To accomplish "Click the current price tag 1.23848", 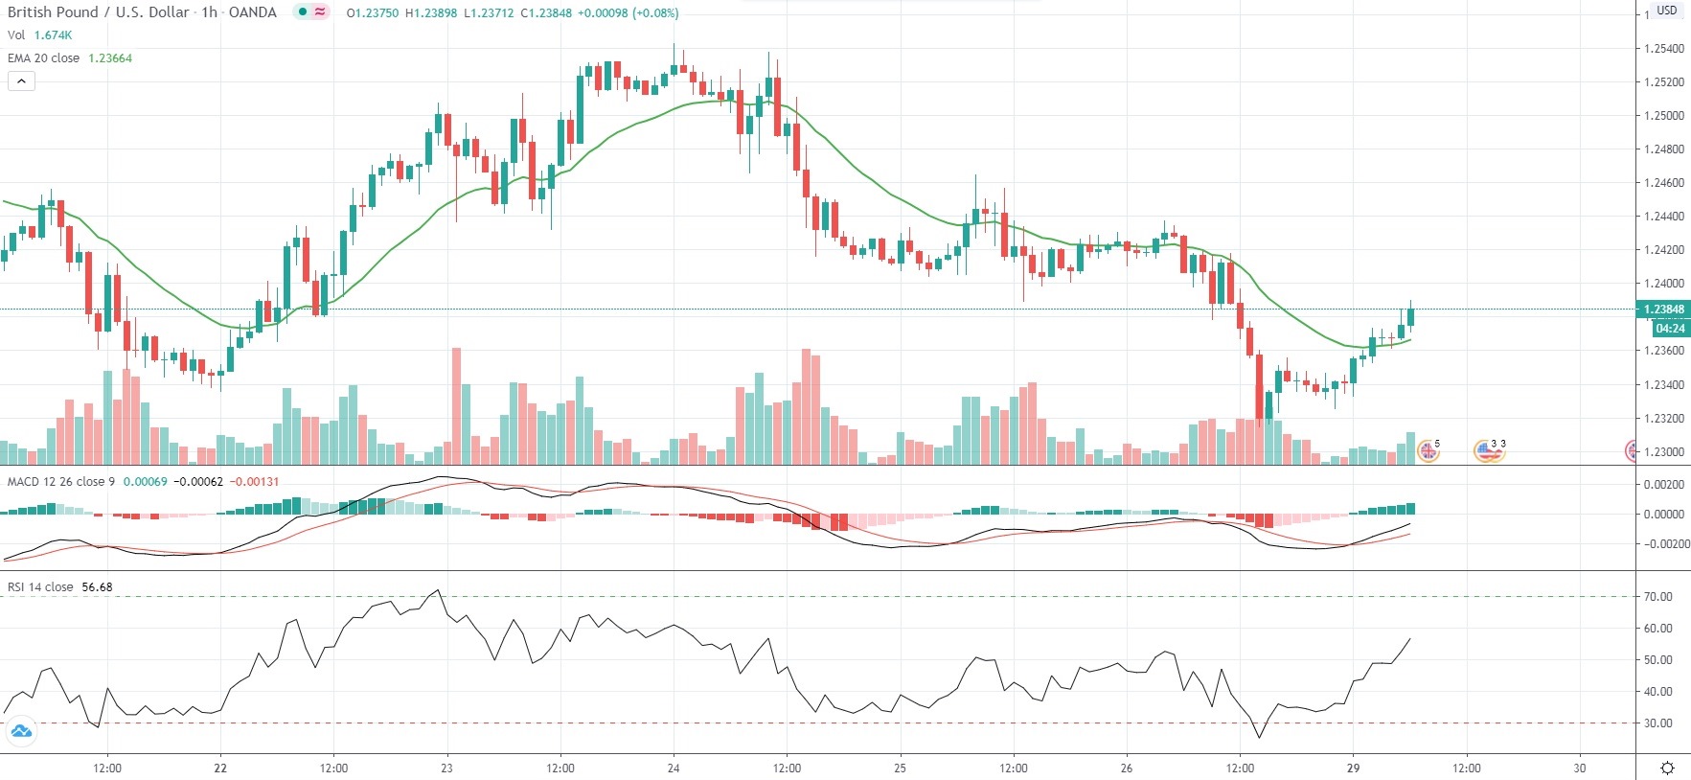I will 1663,310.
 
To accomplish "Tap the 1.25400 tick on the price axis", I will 1663,48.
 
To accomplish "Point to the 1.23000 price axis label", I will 1663,452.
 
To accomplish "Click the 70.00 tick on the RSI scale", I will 1658,597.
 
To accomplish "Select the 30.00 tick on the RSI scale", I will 1658,723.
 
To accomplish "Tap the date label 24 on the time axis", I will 674,768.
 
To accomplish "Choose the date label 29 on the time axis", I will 1353,768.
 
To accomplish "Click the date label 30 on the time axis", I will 1579,768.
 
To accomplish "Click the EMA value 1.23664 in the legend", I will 110,58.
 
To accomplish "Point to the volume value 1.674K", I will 53,35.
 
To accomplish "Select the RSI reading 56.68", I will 97,587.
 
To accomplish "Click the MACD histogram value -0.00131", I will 255,481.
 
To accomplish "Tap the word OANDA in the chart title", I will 252,12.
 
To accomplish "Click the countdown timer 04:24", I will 1670,329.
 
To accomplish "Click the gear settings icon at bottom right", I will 1667,768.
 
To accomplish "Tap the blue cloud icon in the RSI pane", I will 20,733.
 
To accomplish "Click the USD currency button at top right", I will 1667,11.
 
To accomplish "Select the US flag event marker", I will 1486,450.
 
